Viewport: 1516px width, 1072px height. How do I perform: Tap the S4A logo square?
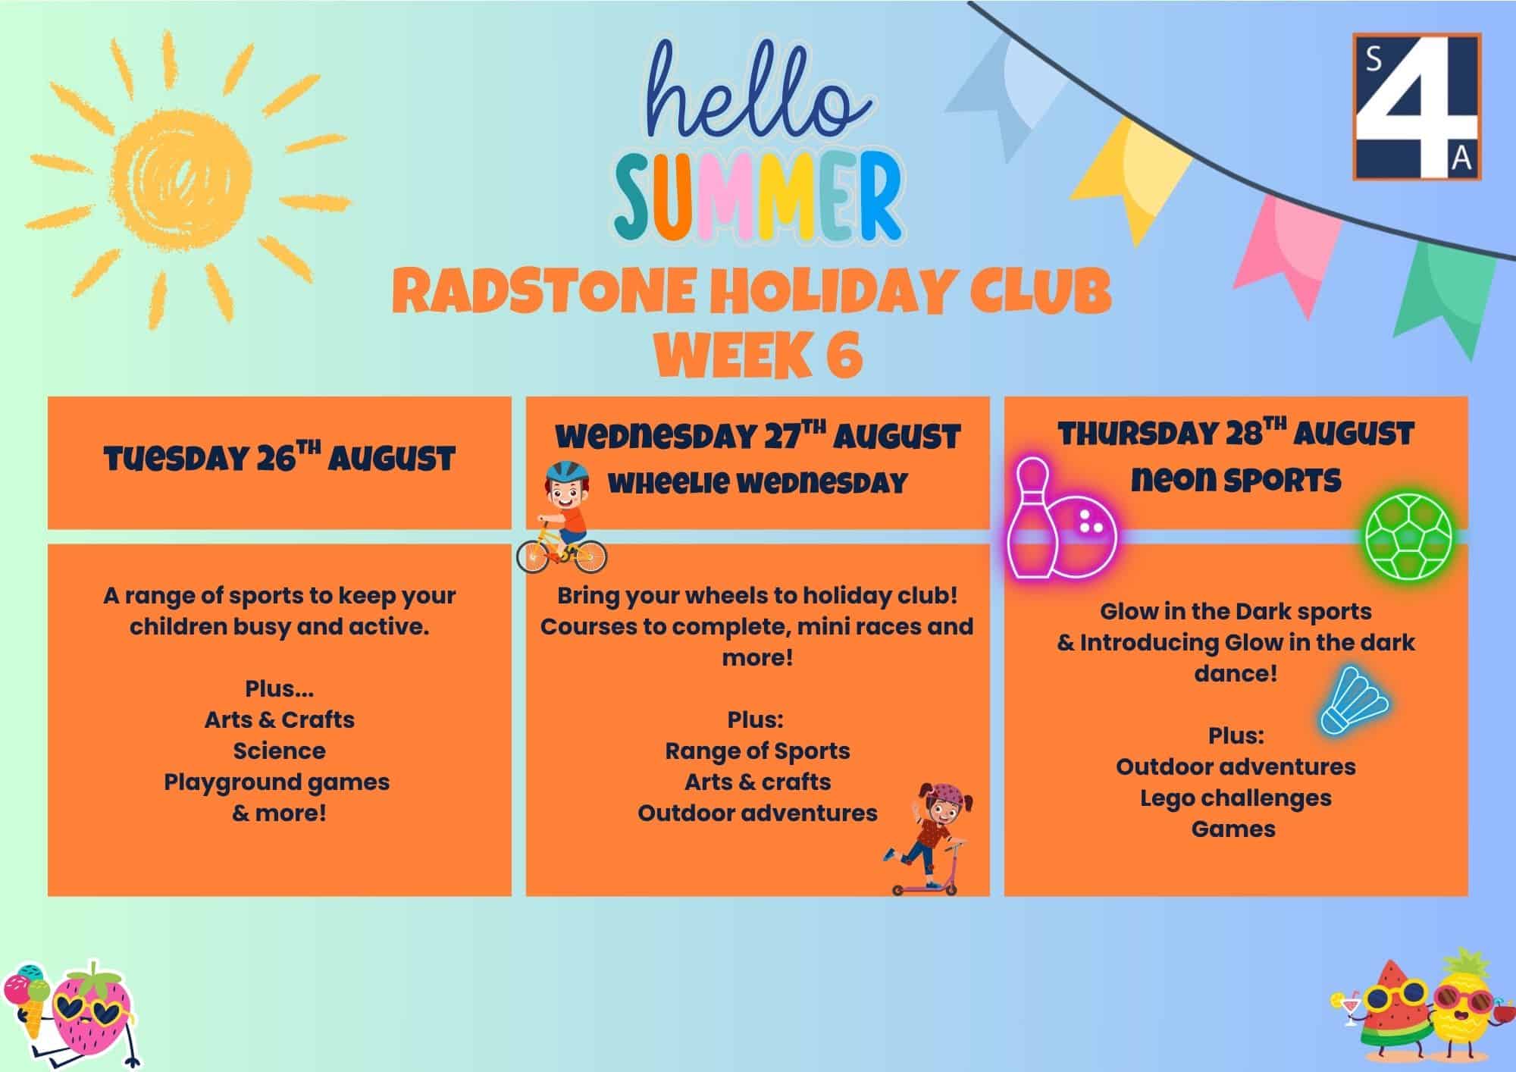pyautogui.click(x=1417, y=106)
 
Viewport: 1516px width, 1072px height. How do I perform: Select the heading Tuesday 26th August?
pyautogui.click(x=280, y=459)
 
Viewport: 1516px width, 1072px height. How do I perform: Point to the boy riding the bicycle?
pyautogui.click(x=562, y=518)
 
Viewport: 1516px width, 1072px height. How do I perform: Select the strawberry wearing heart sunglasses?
pyautogui.click(x=91, y=1012)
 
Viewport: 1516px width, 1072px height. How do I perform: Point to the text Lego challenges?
pyautogui.click(x=1236, y=798)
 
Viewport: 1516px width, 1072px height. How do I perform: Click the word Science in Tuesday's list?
pyautogui.click(x=280, y=751)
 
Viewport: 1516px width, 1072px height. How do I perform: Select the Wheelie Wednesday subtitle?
pyautogui.click(x=757, y=483)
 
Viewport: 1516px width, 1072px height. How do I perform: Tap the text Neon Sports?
pyautogui.click(x=1236, y=480)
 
